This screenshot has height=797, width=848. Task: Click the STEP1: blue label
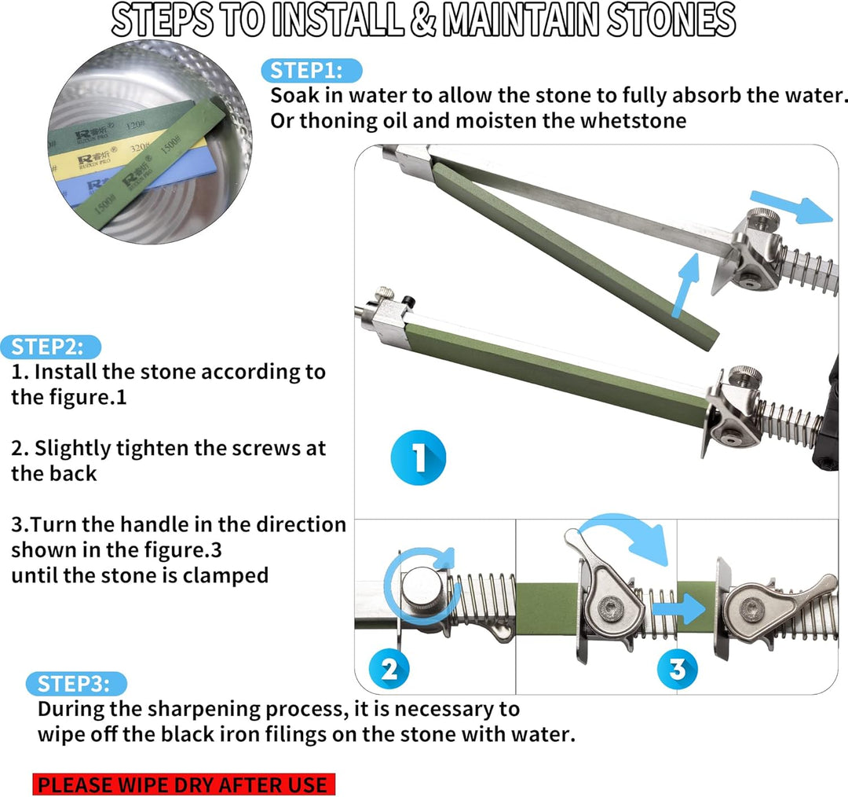click(x=312, y=71)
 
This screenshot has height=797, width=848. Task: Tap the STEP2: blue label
click(x=51, y=347)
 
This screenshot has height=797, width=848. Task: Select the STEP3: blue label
click(x=76, y=683)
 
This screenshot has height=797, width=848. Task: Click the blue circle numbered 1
click(x=418, y=457)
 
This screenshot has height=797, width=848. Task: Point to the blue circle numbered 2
click(x=389, y=669)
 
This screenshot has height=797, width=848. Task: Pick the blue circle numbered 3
click(x=677, y=669)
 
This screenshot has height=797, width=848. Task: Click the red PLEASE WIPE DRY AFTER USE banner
click(x=184, y=784)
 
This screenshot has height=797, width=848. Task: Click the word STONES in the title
click(x=671, y=20)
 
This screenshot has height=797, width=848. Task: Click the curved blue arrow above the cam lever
click(x=627, y=528)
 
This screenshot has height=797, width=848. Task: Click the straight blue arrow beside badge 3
click(x=678, y=608)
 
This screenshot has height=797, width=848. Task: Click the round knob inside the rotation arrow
click(x=422, y=590)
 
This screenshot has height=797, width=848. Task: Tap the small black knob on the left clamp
click(x=408, y=301)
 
